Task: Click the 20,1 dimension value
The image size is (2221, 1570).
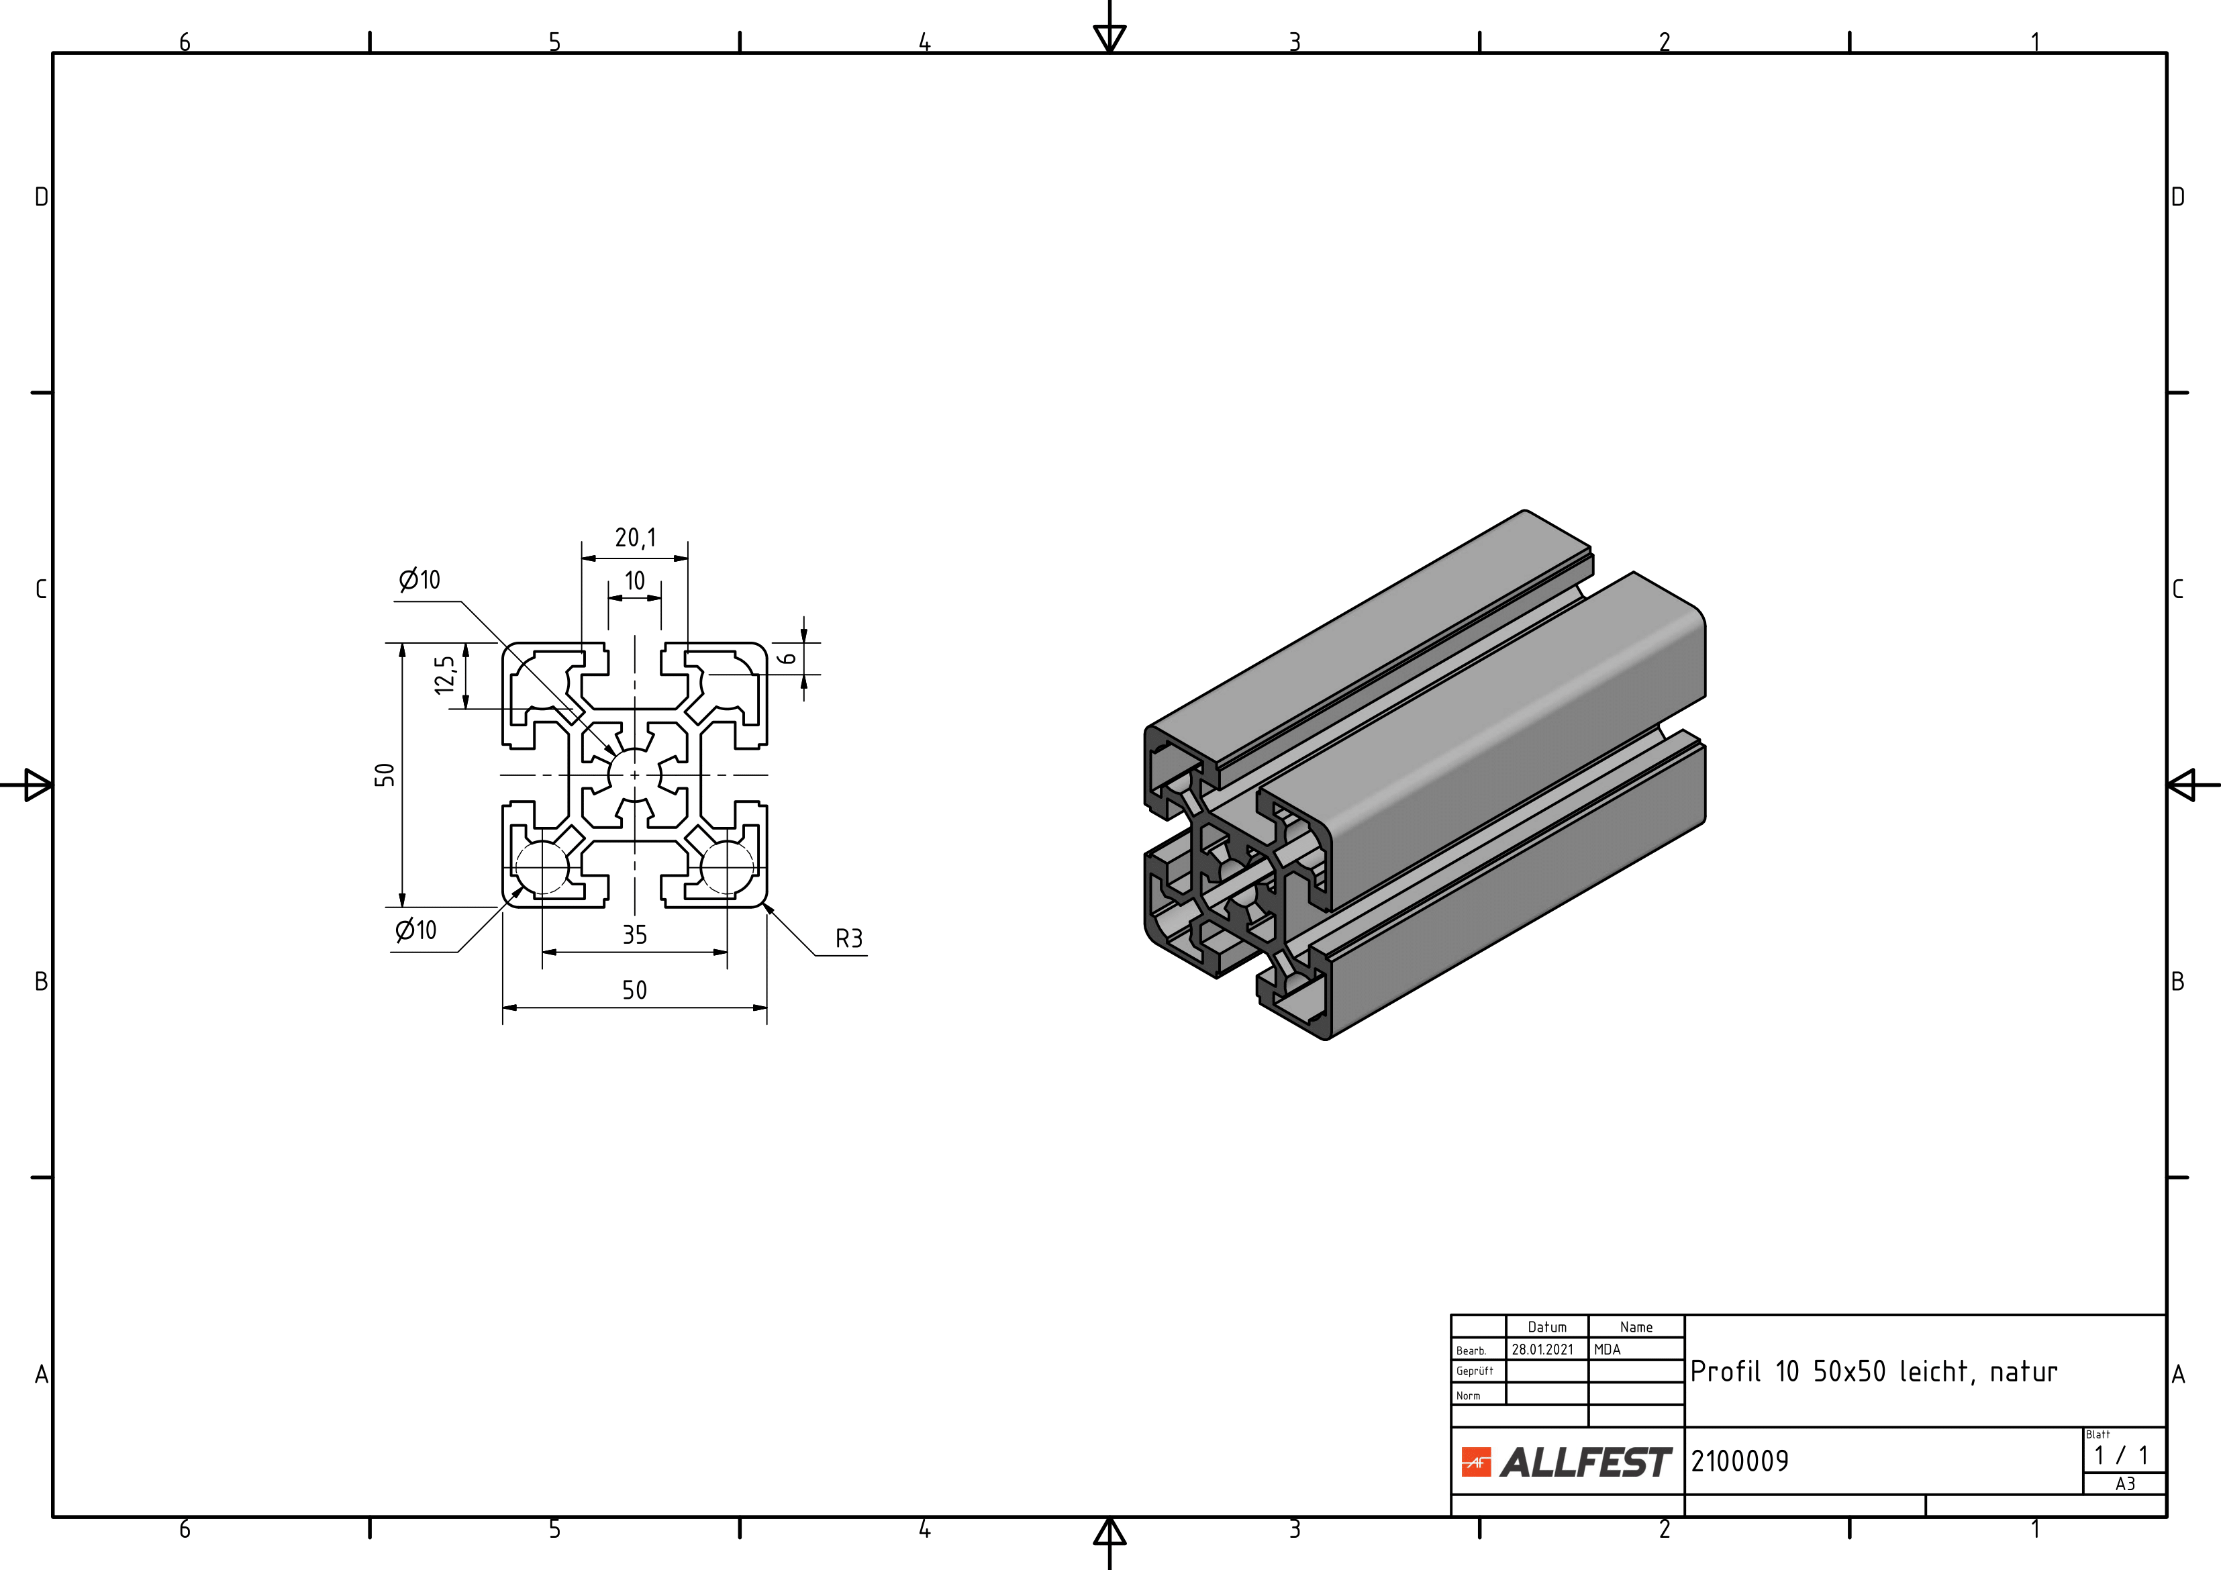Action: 636,538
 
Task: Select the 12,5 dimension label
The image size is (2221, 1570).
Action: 445,675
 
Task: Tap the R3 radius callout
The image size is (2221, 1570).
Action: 848,938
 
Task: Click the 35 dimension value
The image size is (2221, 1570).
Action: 634,934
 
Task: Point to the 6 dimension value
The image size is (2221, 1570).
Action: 789,658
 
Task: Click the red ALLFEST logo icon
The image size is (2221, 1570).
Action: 1476,1462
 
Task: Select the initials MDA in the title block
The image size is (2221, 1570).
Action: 1607,1349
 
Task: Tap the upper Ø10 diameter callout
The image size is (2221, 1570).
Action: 419,579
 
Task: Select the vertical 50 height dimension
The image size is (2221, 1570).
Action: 385,775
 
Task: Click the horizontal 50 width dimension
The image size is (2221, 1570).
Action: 634,989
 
